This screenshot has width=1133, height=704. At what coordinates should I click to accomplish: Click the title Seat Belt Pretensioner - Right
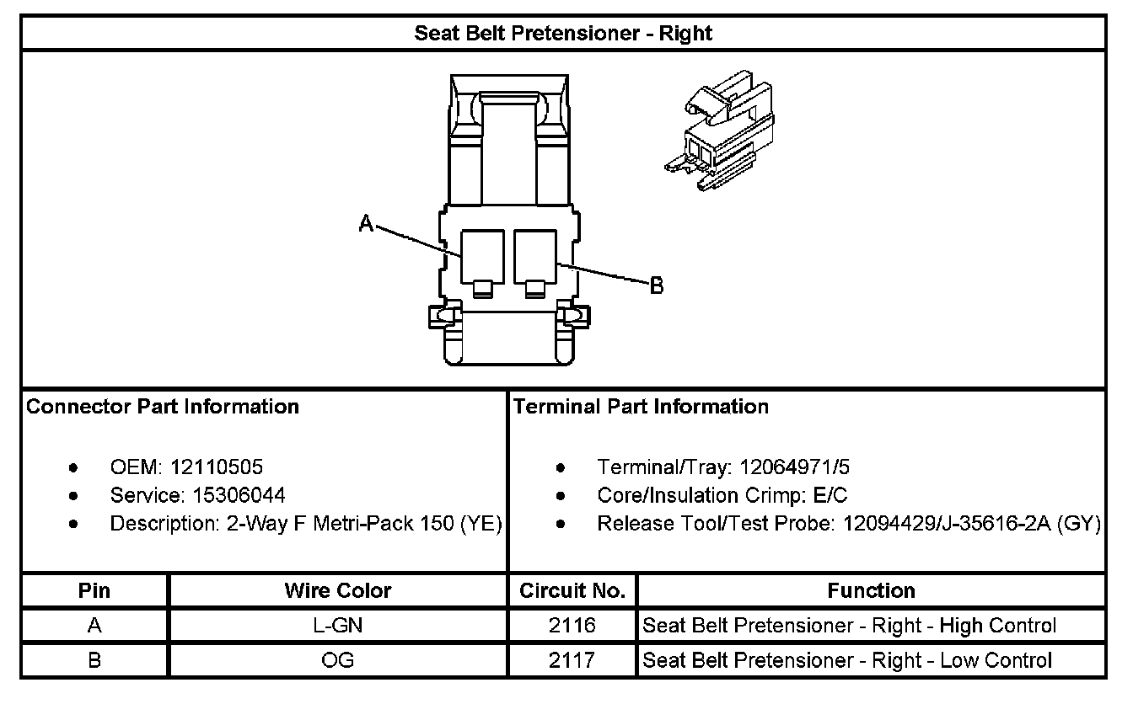pyautogui.click(x=562, y=34)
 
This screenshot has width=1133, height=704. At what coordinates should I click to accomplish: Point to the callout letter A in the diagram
pyautogui.click(x=366, y=223)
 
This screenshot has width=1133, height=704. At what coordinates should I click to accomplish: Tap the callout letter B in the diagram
pyautogui.click(x=657, y=286)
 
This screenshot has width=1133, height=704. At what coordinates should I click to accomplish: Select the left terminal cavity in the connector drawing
pyautogui.click(x=483, y=256)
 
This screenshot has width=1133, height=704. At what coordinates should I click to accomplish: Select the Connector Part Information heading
pyautogui.click(x=163, y=407)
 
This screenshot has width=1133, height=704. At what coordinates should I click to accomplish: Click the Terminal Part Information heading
pyautogui.click(x=641, y=407)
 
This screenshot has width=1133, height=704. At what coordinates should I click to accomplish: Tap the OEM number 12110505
pyautogui.click(x=217, y=467)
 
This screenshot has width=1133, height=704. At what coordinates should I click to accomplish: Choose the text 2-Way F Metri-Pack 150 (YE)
pyautogui.click(x=365, y=524)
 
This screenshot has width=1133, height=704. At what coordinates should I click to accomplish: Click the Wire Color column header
pyautogui.click(x=338, y=591)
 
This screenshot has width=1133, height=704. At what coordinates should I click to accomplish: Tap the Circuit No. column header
pyautogui.click(x=572, y=591)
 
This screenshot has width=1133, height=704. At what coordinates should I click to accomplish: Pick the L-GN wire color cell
pyautogui.click(x=338, y=626)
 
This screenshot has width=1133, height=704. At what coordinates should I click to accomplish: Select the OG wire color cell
pyautogui.click(x=338, y=660)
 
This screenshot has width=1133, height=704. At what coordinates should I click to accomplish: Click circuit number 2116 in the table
pyautogui.click(x=572, y=626)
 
